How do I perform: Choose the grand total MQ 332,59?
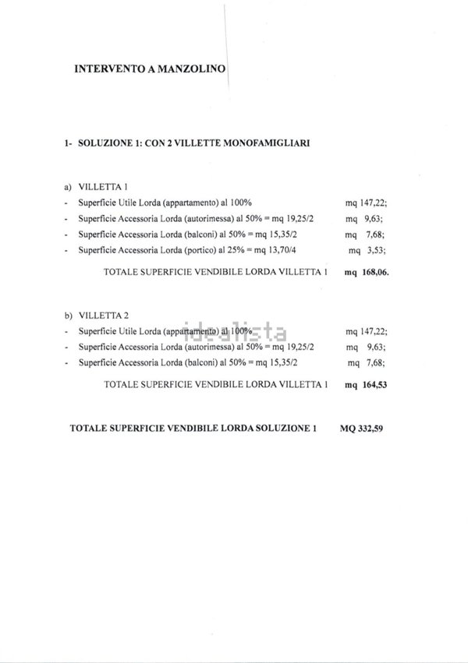pyautogui.click(x=363, y=428)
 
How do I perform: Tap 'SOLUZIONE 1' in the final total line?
pyautogui.click(x=285, y=428)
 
